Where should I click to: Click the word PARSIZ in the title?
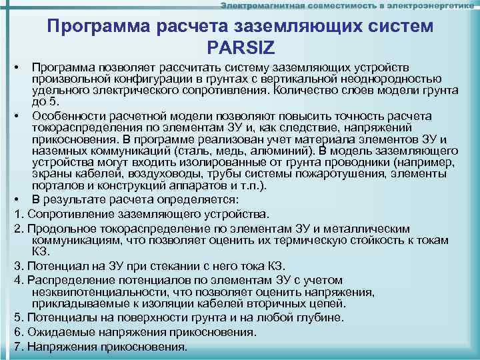coord(240,47)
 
